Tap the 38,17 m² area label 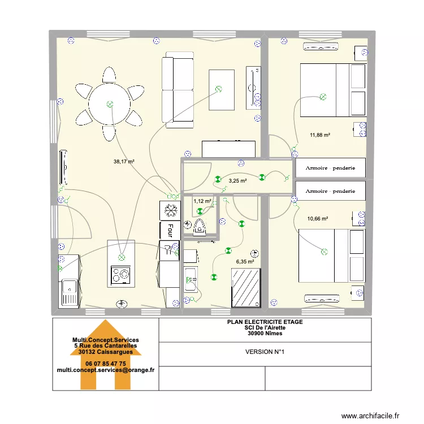pos(124,162)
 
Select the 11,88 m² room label pos(319,135)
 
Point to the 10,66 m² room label pos(318,218)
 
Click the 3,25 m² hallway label pos(237,181)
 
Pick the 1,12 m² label pos(202,201)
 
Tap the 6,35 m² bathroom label pos(245,262)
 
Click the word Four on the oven pos(170,230)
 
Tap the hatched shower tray pos(246,288)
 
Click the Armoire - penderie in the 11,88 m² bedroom pos(331,168)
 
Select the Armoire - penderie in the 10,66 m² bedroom pos(331,191)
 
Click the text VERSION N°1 pos(265,352)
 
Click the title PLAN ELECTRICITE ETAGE pos(265,322)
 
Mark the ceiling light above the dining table pos(110,104)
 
